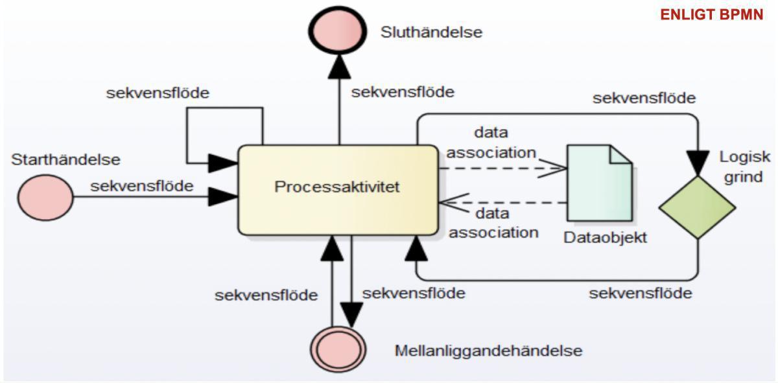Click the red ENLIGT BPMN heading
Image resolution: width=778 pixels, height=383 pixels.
click(x=712, y=15)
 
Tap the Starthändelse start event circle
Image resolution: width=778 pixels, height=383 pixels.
click(x=45, y=198)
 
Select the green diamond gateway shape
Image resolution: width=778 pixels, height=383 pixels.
click(x=697, y=207)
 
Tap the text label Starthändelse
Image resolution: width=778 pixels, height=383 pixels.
click(x=65, y=159)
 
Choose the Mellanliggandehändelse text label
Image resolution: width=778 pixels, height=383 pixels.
click(x=488, y=351)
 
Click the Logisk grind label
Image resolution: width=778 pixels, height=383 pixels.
click(x=744, y=167)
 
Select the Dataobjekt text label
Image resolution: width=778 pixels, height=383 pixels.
click(x=605, y=238)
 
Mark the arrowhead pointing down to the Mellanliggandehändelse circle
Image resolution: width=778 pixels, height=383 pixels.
click(x=351, y=314)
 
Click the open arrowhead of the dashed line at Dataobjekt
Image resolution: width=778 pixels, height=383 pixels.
click(x=558, y=168)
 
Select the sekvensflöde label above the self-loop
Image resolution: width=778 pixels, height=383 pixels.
click(x=158, y=93)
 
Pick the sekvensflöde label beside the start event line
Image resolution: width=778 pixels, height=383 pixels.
click(x=141, y=186)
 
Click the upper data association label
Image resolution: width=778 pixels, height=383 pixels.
click(x=491, y=143)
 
